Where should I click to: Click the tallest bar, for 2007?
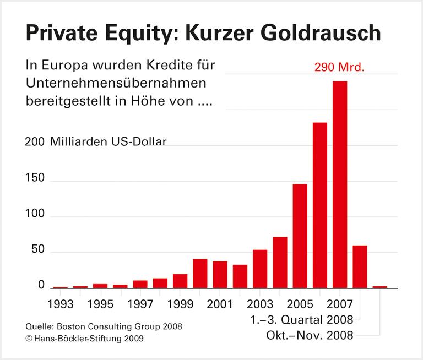340,184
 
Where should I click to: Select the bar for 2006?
320,205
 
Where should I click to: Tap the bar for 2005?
300,236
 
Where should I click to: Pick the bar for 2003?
260,269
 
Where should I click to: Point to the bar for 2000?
200,274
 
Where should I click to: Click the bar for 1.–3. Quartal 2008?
360,266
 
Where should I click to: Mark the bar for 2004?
280,262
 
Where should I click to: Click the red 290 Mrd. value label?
340,68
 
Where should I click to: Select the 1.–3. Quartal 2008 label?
301,319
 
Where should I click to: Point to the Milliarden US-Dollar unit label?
108,141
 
